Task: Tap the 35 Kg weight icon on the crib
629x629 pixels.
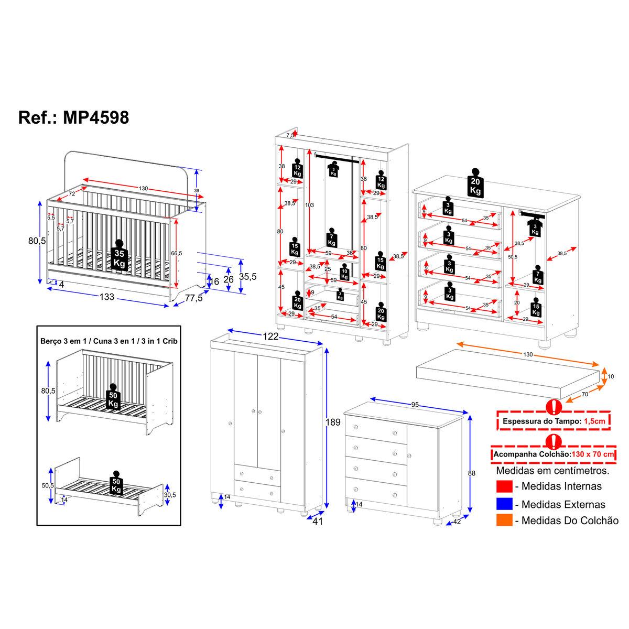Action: [120, 256]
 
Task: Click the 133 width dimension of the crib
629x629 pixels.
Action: [107, 297]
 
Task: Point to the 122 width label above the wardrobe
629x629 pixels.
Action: [270, 336]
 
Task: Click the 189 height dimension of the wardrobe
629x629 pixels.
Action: [334, 422]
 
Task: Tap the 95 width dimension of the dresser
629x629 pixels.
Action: [415, 405]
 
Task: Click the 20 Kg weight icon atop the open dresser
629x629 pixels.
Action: [475, 185]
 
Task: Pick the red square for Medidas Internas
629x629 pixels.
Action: [504, 486]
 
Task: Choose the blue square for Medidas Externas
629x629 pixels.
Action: [504, 504]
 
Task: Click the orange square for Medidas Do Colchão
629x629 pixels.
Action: [504, 520]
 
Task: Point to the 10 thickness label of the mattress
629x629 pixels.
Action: [611, 376]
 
